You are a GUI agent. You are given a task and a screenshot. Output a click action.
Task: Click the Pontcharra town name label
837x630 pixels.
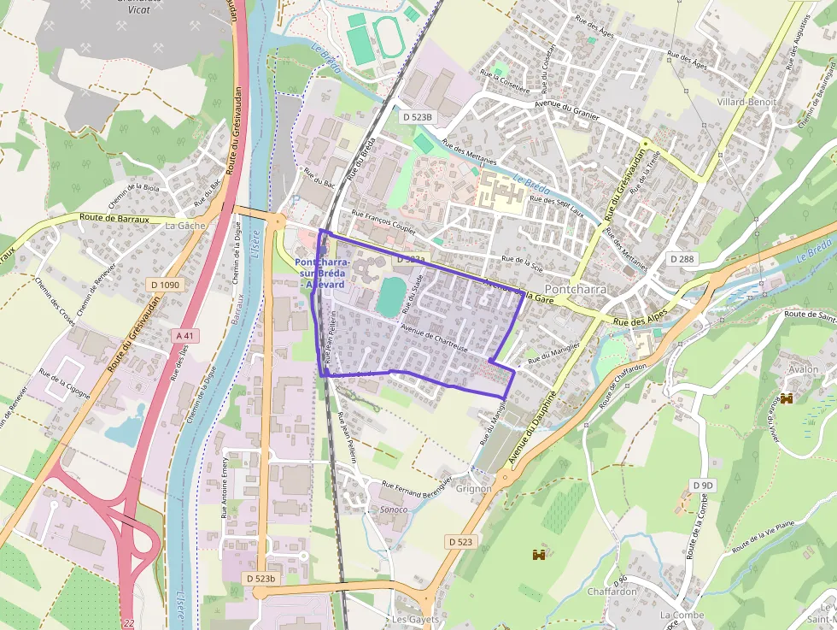pos(575,289)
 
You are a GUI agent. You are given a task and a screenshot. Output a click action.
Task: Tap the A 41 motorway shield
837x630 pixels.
pos(184,336)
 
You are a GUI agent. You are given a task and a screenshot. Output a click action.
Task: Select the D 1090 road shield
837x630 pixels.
pos(164,284)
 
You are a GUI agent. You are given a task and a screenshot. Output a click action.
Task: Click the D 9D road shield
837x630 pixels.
pos(702,486)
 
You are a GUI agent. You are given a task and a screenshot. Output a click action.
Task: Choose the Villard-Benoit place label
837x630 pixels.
pos(746,102)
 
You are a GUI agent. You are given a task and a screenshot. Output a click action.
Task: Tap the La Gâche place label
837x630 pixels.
pos(185,226)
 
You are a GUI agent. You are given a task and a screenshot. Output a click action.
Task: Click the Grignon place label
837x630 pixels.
pos(474,489)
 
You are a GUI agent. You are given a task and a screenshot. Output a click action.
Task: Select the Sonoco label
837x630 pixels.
pos(393,509)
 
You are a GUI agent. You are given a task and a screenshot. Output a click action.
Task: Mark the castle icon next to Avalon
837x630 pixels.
pos(787,398)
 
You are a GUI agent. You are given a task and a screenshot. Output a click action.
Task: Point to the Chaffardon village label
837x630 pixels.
pos(612,592)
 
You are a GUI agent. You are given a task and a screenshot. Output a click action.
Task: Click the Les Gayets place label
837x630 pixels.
pos(415,619)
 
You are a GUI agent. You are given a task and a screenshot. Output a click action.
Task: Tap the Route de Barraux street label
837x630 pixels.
pos(114,219)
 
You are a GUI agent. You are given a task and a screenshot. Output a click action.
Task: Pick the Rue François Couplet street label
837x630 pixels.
pos(383,223)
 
